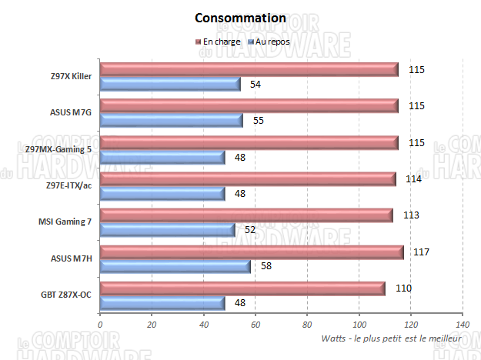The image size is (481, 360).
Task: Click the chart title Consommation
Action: (x=240, y=18)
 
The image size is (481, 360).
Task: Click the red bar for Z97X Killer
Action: (x=249, y=70)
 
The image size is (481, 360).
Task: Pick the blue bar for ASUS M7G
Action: (x=171, y=121)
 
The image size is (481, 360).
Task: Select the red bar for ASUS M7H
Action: (x=251, y=252)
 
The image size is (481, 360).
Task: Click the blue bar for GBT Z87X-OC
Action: (x=162, y=302)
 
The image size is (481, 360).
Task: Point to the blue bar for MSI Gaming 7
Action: (x=167, y=230)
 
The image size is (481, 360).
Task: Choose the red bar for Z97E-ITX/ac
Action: (x=247, y=178)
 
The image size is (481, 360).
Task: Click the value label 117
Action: (x=421, y=252)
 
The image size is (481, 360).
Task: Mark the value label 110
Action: (x=403, y=288)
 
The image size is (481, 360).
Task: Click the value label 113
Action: (x=411, y=215)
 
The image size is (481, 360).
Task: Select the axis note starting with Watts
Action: (x=390, y=338)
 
